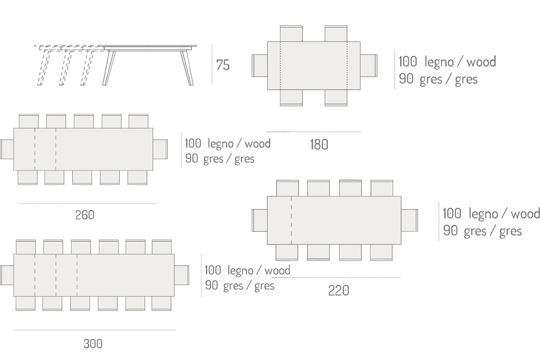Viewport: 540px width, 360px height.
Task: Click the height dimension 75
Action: click(223, 65)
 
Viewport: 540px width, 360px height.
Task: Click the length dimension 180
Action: click(319, 144)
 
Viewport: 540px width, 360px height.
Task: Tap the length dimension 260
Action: click(85, 215)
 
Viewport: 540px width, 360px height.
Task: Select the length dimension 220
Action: click(338, 291)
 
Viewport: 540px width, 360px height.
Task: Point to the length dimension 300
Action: click(93, 344)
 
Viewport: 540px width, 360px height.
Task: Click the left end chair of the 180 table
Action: click(260, 66)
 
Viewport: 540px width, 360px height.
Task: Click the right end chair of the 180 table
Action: click(369, 66)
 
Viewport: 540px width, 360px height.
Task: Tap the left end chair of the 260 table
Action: click(7, 149)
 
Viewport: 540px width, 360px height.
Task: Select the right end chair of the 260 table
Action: click(160, 149)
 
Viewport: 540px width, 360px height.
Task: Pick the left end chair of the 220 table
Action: click(260, 220)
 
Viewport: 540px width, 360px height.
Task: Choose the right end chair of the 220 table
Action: click(409, 220)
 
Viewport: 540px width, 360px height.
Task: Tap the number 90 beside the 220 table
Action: click(450, 231)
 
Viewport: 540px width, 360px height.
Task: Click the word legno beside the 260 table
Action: click(220, 144)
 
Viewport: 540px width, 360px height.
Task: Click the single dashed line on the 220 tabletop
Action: click(292, 220)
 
